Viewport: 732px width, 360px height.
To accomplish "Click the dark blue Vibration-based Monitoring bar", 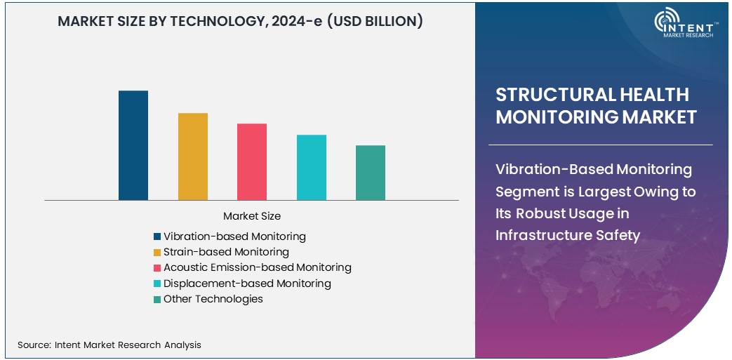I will pyautogui.click(x=133, y=145).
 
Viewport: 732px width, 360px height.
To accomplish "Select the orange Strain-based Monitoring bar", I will pyautogui.click(x=192, y=156).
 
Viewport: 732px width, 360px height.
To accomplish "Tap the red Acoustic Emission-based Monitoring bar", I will pyautogui.click(x=251, y=161).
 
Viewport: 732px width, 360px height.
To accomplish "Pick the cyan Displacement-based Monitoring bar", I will pyautogui.click(x=311, y=167).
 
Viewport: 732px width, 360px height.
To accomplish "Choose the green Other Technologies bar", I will pyautogui.click(x=370, y=173).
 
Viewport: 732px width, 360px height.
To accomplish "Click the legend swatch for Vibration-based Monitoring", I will pyautogui.click(x=157, y=236).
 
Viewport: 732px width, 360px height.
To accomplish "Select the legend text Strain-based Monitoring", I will pyautogui.click(x=226, y=252).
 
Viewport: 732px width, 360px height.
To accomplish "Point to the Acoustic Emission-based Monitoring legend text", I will pyautogui.click(x=257, y=267).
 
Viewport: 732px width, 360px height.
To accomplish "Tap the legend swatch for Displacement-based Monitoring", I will pyautogui.click(x=157, y=284).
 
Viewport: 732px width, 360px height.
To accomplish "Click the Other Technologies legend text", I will pyautogui.click(x=213, y=299).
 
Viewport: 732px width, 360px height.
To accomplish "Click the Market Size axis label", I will pyautogui.click(x=251, y=216).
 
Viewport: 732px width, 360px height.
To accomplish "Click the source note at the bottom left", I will pyautogui.click(x=109, y=345).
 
